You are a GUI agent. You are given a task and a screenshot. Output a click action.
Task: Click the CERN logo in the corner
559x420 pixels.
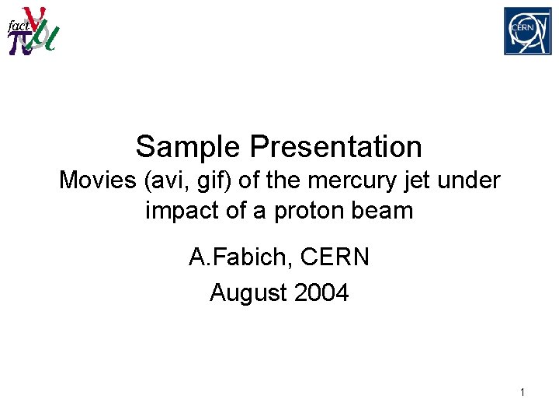tap(527, 31)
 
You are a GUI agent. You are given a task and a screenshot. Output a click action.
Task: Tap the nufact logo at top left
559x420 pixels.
tap(32, 31)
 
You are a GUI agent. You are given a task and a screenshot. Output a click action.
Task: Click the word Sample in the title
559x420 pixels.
tap(189, 146)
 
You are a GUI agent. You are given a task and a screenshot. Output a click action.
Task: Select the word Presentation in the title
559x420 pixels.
tap(336, 146)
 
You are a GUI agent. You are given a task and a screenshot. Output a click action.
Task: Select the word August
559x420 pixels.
tap(246, 292)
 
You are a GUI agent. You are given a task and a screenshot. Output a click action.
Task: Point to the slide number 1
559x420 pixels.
tap(522, 393)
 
